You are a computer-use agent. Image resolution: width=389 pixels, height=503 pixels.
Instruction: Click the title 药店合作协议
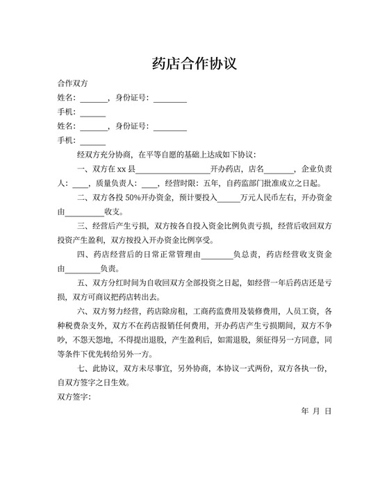tap(194, 64)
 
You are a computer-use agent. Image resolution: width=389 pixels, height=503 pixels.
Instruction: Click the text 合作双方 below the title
tap(72, 83)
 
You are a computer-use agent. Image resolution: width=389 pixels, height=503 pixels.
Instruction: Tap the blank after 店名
tap(279, 169)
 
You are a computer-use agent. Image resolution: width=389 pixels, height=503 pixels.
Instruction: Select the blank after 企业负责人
tap(80, 184)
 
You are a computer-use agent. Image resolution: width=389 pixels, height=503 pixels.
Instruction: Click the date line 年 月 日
tap(317, 411)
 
